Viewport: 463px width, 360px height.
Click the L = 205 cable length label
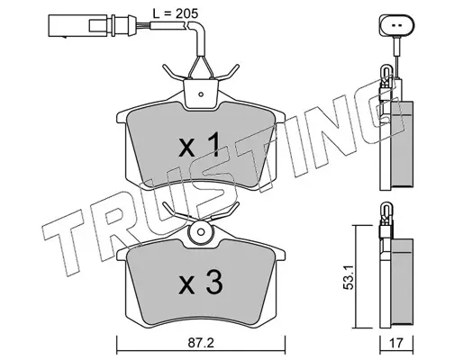(176, 13)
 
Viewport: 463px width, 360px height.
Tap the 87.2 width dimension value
(201, 343)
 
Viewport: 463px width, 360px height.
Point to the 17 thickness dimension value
(396, 343)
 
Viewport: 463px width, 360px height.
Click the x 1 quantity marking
(200, 147)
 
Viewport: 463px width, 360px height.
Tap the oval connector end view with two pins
(396, 25)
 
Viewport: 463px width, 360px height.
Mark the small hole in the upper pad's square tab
(201, 94)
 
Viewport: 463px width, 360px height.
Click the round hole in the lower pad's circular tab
(201, 232)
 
